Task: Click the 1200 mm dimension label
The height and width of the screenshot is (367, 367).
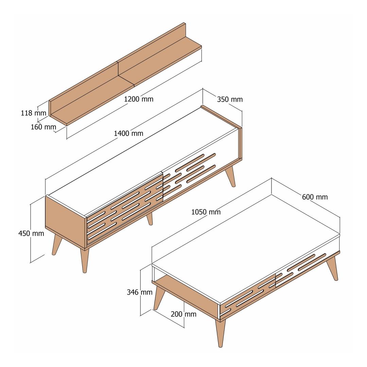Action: click(139, 99)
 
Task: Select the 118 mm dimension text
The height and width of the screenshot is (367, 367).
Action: click(33, 113)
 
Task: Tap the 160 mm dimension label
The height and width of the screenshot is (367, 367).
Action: click(43, 127)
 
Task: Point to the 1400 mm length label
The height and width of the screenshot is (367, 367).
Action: click(128, 134)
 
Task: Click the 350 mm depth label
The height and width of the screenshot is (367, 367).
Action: click(230, 100)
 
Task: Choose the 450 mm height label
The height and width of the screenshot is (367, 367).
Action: click(31, 233)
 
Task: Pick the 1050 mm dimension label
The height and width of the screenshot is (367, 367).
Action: click(206, 212)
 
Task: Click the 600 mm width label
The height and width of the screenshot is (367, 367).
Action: click(315, 197)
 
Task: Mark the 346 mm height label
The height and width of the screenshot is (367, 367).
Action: click(140, 292)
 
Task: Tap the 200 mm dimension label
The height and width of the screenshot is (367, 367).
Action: click(183, 314)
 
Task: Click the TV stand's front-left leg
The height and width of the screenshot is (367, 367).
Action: click(84, 260)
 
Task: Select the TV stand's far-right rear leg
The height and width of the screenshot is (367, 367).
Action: click(230, 176)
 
